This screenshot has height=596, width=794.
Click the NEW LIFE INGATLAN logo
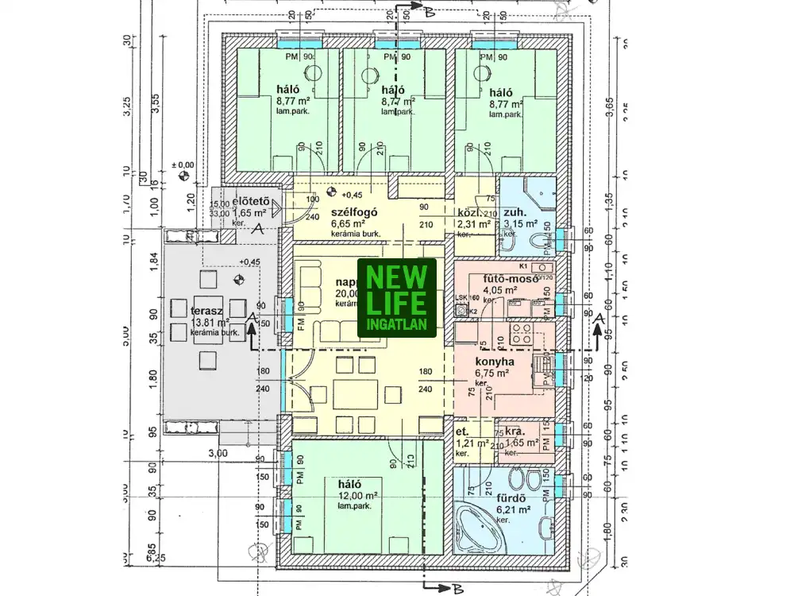point(397,297)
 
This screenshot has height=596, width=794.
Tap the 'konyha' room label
point(493,362)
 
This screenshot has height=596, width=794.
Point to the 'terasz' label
point(205,310)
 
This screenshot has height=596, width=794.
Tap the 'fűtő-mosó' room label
point(507,278)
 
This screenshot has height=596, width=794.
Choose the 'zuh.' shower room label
point(512,212)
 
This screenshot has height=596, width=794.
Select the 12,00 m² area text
point(358,495)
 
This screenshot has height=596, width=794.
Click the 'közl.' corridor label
point(469,213)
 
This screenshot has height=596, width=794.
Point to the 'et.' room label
point(461,432)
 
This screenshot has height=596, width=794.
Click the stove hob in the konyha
point(521,334)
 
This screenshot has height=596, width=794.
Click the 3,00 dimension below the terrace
point(218,453)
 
